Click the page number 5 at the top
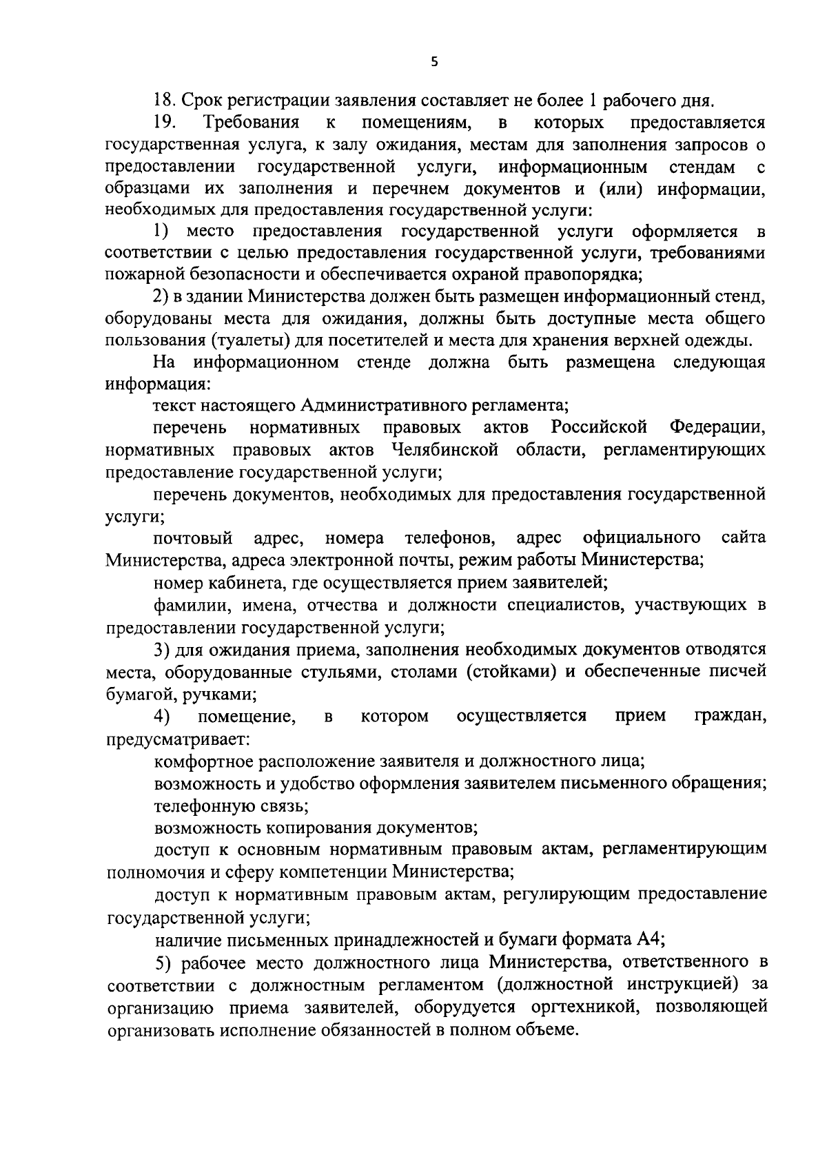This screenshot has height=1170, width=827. tap(433, 61)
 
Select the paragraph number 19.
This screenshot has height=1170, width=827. tap(165, 123)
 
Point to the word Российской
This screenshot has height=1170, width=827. tap(599, 427)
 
